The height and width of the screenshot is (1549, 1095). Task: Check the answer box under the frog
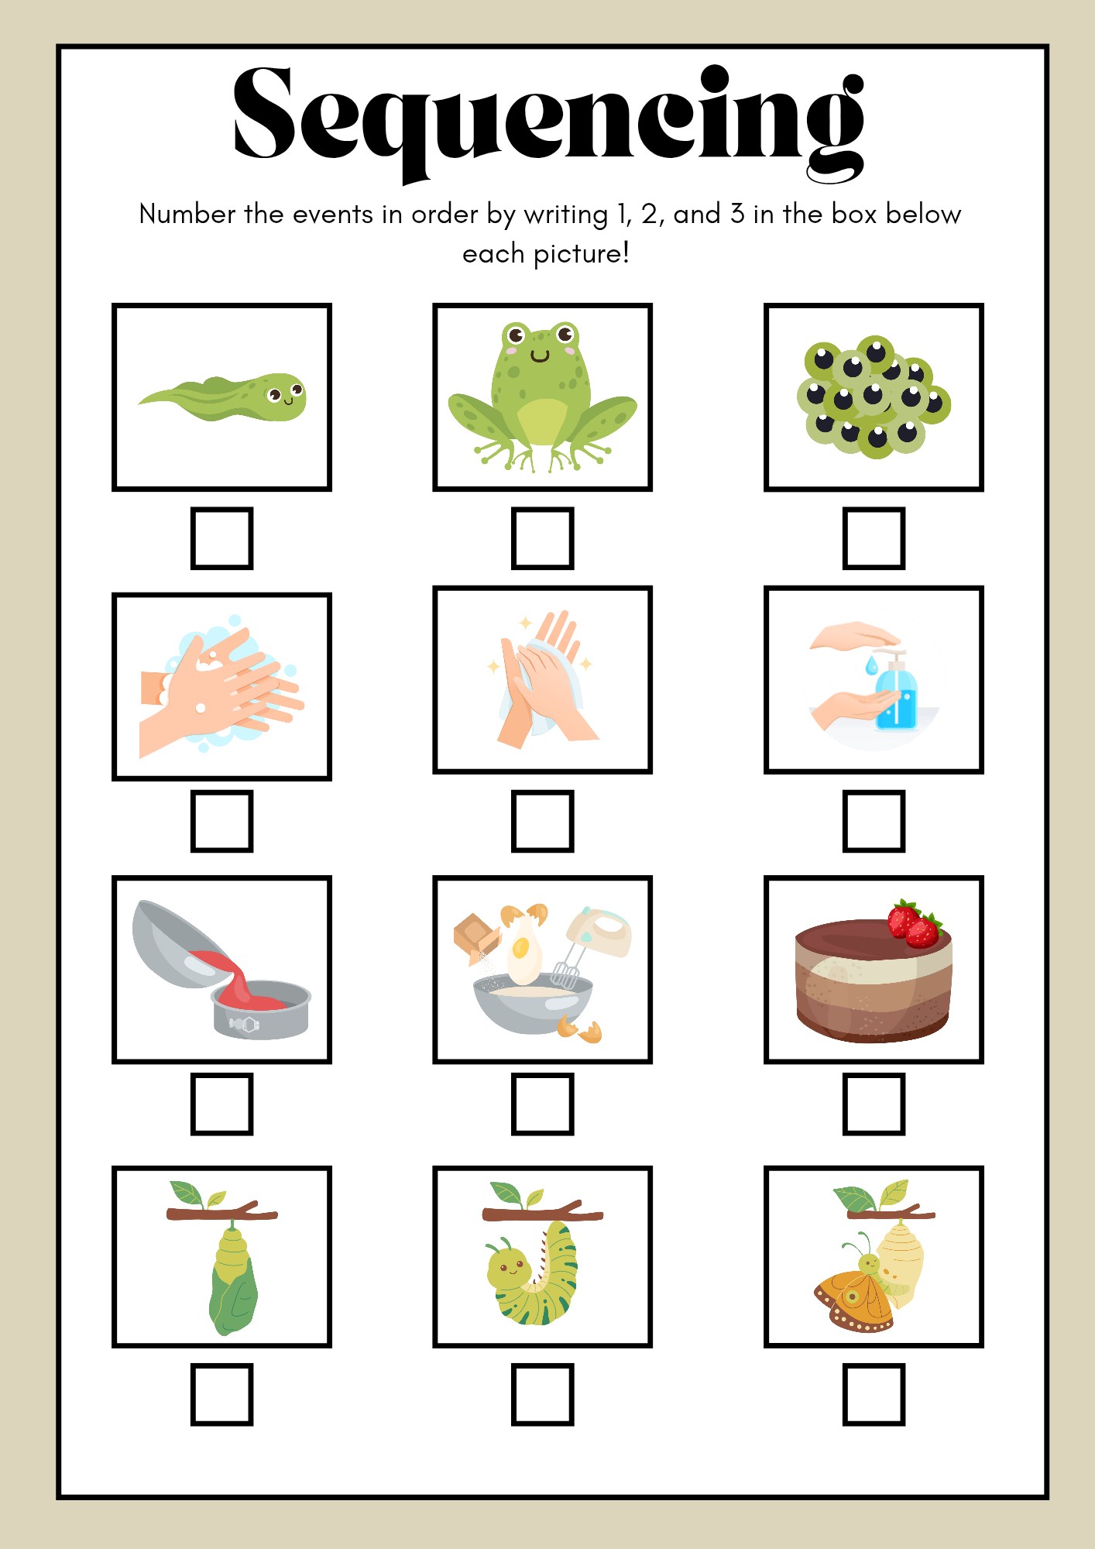(542, 538)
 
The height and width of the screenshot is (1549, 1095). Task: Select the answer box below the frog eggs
(874, 538)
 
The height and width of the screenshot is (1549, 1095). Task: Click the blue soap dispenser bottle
(896, 693)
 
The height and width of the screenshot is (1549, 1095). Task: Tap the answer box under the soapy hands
(222, 821)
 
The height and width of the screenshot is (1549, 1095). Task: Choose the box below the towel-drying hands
(542, 821)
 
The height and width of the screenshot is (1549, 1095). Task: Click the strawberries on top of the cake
(915, 924)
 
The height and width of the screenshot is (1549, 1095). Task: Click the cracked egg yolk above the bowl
(521, 946)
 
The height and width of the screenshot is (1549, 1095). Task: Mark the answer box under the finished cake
(874, 1104)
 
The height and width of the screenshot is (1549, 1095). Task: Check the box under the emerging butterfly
(874, 1394)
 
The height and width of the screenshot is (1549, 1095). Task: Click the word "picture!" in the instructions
(582, 253)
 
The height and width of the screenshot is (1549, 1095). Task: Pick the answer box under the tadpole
(222, 538)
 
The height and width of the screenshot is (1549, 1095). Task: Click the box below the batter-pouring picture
(222, 1104)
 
